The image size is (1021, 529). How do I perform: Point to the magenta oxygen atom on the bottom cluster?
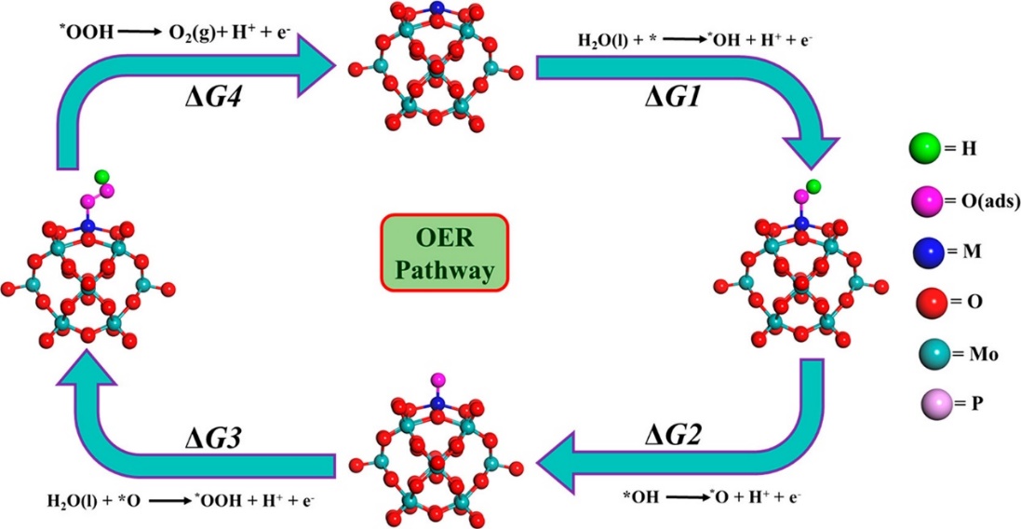[x=438, y=379]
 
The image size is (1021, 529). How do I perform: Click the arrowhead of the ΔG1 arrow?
[x=810, y=149]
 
